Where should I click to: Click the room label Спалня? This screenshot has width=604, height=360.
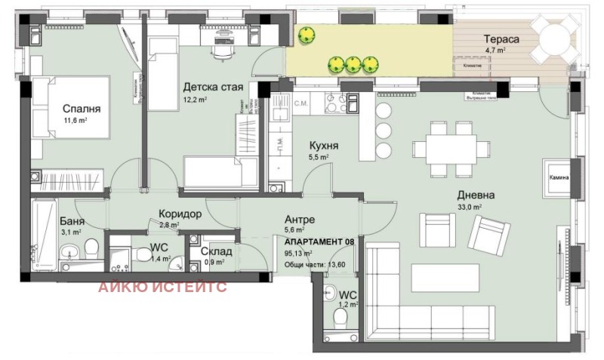click(82, 108)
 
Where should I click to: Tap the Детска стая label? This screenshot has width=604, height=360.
click(213, 87)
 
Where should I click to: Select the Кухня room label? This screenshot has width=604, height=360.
click(323, 145)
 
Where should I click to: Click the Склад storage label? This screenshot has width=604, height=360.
click(216, 251)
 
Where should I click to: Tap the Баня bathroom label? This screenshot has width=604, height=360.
click(72, 221)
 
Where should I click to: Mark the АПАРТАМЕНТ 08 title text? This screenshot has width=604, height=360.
click(319, 242)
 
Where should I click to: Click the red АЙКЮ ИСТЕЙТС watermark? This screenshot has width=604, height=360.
click(162, 286)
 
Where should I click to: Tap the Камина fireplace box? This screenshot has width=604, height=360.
click(558, 178)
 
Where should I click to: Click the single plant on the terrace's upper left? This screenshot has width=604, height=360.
click(307, 35)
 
